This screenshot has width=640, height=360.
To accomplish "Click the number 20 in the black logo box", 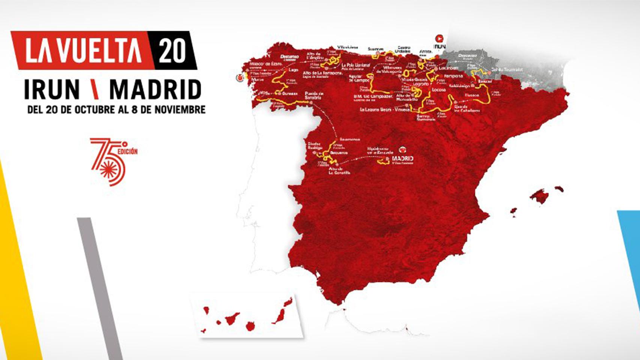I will pyautogui.click(x=172, y=51).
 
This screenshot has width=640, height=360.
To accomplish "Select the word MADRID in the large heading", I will pyautogui.click(x=155, y=90).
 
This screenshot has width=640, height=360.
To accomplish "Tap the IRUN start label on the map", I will pyautogui.click(x=439, y=46).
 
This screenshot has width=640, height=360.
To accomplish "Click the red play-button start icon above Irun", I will pyautogui.click(x=439, y=38).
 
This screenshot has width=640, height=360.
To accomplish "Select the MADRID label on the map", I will pyautogui.click(x=402, y=158).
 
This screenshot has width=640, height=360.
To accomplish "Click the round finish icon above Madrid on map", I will pyautogui.click(x=402, y=149).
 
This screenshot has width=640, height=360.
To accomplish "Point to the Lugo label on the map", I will pyautogui.click(x=293, y=70).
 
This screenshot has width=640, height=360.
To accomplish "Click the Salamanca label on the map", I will pyautogui.click(x=350, y=139).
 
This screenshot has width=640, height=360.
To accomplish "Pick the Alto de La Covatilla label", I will pyautogui.click(x=339, y=171).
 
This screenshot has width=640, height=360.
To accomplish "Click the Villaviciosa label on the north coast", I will pyautogui.click(x=347, y=48).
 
